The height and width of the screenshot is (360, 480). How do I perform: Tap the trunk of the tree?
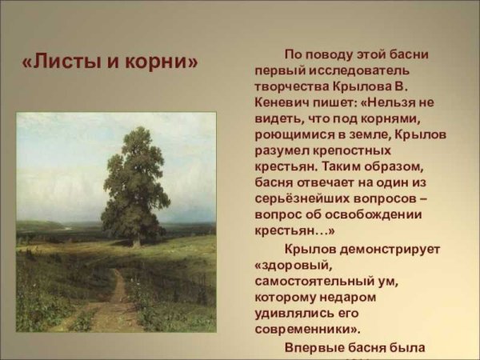(137, 236)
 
